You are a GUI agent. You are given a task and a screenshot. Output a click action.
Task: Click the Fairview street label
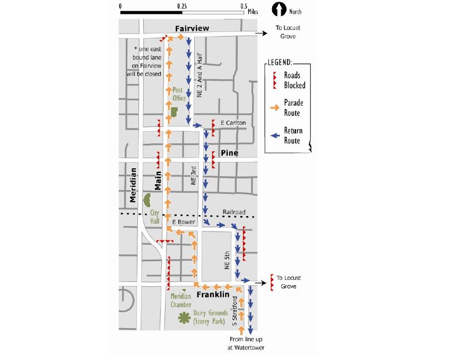(x=193, y=28)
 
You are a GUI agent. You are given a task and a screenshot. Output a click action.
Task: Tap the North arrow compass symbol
(x=279, y=10)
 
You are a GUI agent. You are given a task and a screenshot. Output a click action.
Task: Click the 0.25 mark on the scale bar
(x=182, y=6)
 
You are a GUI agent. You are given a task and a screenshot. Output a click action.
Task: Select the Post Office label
(x=179, y=94)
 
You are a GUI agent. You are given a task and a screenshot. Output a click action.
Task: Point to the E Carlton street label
(x=233, y=123)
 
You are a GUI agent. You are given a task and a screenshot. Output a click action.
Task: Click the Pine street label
(x=230, y=153)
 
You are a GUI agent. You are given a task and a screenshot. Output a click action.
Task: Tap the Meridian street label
(x=133, y=185)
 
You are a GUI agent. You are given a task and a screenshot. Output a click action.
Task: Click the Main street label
(x=158, y=179)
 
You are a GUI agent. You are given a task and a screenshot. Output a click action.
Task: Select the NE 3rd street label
(x=194, y=176)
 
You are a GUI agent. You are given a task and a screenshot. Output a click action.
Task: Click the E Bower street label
(x=184, y=221)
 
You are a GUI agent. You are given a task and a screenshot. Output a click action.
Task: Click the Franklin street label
(x=213, y=294)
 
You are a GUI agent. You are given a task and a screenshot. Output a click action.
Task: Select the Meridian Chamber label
(x=181, y=301)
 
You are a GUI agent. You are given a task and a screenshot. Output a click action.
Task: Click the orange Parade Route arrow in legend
(x=274, y=108)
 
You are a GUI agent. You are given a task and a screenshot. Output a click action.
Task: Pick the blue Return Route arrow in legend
(x=274, y=135)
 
